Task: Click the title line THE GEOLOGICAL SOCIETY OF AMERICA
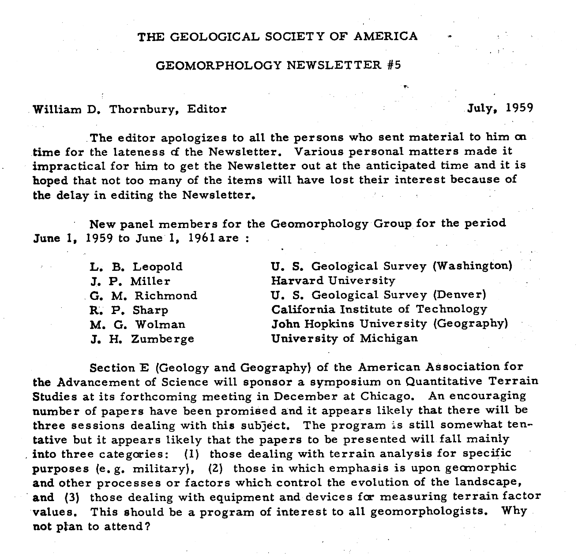[x=278, y=36]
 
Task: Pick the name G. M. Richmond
[x=143, y=296]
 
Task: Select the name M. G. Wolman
[x=137, y=325]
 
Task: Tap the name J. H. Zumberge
[x=142, y=339]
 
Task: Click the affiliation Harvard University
[x=333, y=281]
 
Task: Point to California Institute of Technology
[x=379, y=310]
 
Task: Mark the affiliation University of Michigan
[x=344, y=339]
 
